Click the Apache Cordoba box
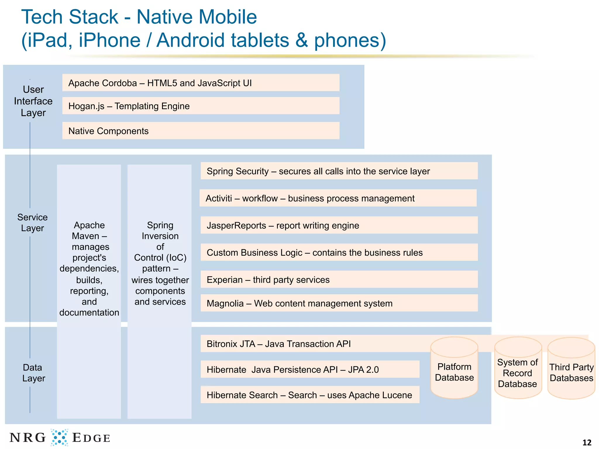click(x=201, y=83)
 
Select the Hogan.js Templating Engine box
click(x=201, y=106)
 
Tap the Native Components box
click(x=201, y=131)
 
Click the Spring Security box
click(x=339, y=171)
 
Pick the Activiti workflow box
click(x=338, y=198)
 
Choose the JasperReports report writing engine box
click(x=339, y=225)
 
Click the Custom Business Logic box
click(x=339, y=252)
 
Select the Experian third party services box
click(x=339, y=279)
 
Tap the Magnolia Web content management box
click(x=339, y=303)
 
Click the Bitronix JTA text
click(x=278, y=344)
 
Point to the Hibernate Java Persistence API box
click(x=310, y=369)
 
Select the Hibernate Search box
click(x=310, y=395)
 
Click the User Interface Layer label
click(x=33, y=101)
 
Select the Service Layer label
click(x=32, y=222)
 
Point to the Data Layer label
click(x=33, y=373)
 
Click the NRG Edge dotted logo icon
click(x=60, y=437)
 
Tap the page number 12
click(x=587, y=442)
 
